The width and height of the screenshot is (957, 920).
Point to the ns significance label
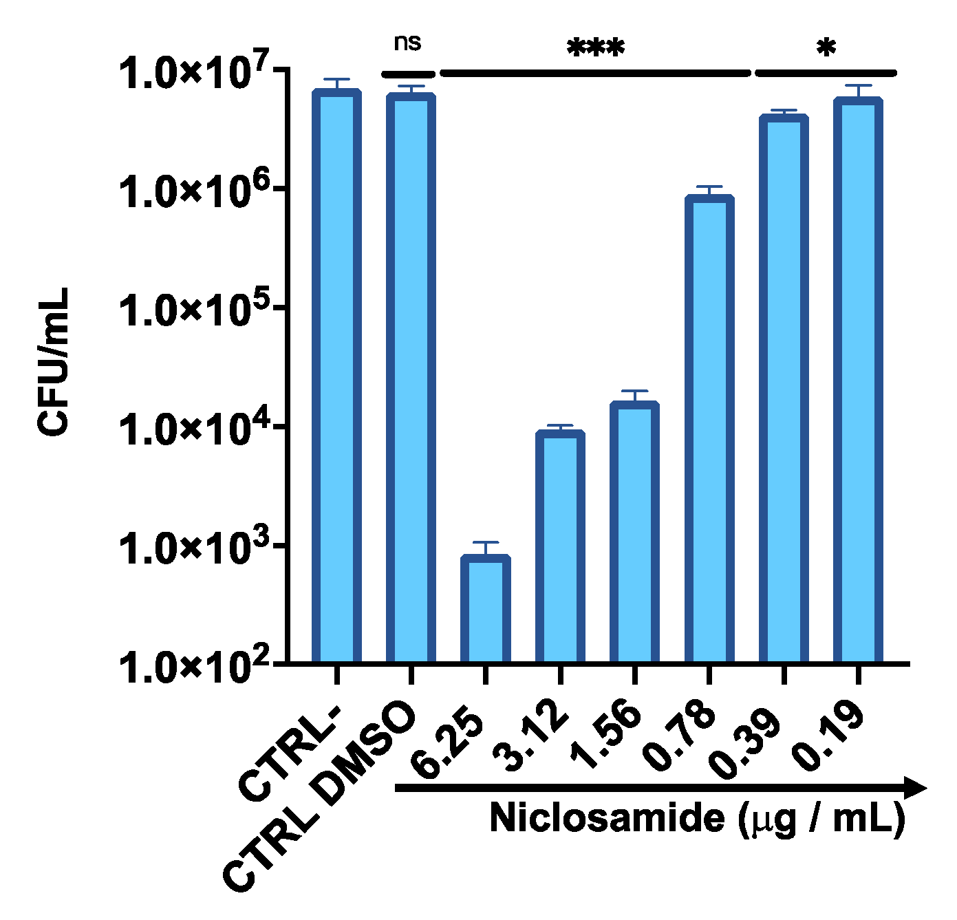(407, 43)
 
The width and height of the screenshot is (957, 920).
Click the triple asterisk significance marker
(596, 49)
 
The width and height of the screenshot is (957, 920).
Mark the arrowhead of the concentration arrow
(915, 788)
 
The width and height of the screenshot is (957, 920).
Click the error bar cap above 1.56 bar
(634, 391)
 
